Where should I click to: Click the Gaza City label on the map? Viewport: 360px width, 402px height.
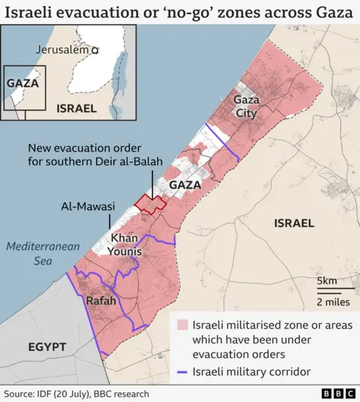coord(245,106)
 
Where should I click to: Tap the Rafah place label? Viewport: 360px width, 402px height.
coord(101,301)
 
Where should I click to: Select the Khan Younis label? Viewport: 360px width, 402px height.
coord(125,244)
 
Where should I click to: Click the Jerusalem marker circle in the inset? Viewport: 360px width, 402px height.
coord(95,49)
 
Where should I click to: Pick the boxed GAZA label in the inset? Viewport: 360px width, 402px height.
coord(22,83)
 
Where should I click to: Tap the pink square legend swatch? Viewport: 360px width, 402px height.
coord(181,325)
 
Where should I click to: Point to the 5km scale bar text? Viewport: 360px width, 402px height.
coord(326,281)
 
